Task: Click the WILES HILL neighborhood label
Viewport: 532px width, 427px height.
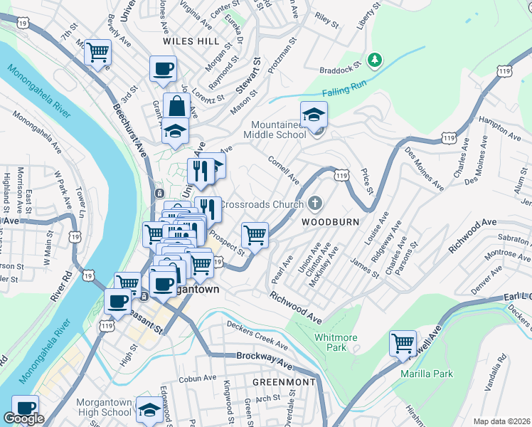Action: tap(191, 41)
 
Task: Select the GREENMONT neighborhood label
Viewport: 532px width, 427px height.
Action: tap(284, 382)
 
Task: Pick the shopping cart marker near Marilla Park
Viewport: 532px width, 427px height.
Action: tap(403, 343)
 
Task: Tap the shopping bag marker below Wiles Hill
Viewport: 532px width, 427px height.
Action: tap(175, 107)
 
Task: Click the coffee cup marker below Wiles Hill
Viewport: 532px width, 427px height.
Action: tap(163, 69)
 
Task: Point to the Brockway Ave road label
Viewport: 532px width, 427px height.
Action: tap(265, 360)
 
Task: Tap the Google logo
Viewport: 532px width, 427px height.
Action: tap(23, 418)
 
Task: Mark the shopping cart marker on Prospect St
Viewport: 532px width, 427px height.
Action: tap(254, 234)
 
